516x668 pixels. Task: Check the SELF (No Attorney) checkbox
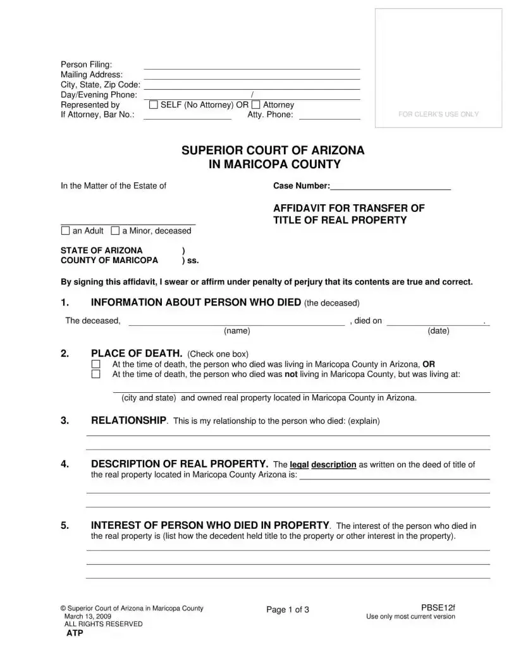click(x=153, y=105)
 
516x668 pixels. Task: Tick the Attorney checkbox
click(x=255, y=105)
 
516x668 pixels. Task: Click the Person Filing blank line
click(x=252, y=66)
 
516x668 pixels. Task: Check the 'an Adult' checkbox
click(x=65, y=231)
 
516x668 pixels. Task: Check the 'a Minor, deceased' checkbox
click(x=115, y=231)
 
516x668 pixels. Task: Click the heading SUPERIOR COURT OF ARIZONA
click(x=273, y=151)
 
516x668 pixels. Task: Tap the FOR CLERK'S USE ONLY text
click(x=438, y=114)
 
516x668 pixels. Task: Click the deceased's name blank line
click(x=236, y=322)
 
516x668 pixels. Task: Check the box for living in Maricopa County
click(x=96, y=364)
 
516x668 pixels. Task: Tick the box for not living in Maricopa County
click(x=96, y=374)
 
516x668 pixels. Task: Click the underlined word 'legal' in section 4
click(x=299, y=464)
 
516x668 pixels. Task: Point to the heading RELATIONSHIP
click(x=128, y=421)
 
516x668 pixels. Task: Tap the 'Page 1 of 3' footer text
click(x=288, y=610)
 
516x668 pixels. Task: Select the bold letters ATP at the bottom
click(x=75, y=633)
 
